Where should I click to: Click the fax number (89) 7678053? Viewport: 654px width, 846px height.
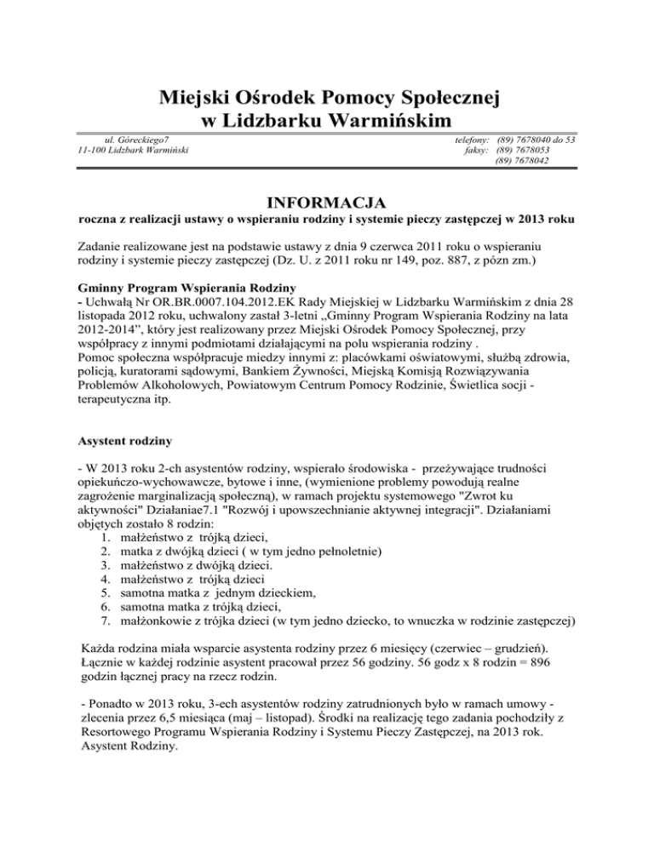click(x=525, y=149)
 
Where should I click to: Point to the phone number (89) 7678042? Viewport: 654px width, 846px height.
click(x=525, y=160)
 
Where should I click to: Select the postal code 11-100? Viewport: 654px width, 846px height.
click(x=91, y=149)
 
